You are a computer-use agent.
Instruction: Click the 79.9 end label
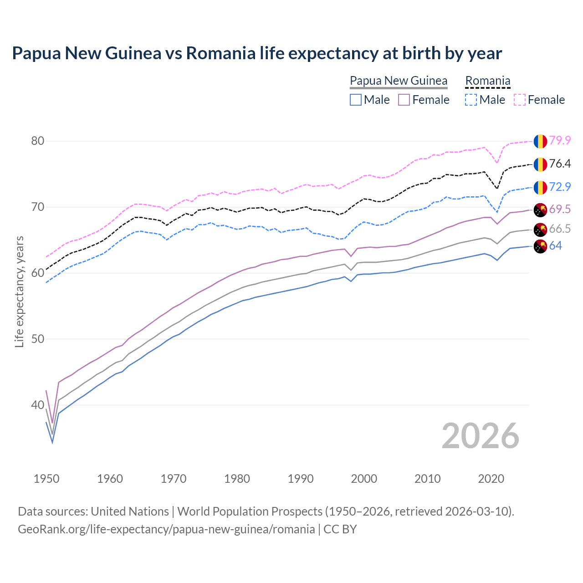click(x=560, y=141)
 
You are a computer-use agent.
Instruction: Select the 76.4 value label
click(x=560, y=164)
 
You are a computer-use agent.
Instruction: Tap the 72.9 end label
click(x=560, y=187)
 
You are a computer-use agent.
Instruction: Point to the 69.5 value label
click(x=560, y=210)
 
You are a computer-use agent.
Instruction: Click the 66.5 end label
click(x=560, y=229)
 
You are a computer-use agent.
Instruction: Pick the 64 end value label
click(x=555, y=246)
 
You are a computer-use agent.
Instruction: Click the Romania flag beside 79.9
click(x=540, y=141)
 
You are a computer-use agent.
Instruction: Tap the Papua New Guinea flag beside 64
click(x=540, y=246)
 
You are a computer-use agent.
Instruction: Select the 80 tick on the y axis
click(x=38, y=141)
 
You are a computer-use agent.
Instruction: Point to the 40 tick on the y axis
click(x=38, y=405)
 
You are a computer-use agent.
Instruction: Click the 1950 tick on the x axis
click(x=46, y=479)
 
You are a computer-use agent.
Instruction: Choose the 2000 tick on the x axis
click(x=364, y=479)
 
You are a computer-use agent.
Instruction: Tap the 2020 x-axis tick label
click(x=491, y=479)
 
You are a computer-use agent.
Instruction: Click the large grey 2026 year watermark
click(x=480, y=436)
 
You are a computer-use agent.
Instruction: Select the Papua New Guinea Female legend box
click(x=404, y=100)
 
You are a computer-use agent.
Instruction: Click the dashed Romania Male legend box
click(x=471, y=100)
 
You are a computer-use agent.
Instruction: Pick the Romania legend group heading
click(x=487, y=81)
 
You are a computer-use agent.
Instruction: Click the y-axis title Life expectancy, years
click(x=20, y=291)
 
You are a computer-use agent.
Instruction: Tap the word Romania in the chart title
click(x=220, y=53)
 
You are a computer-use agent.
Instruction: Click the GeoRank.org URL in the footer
click(x=166, y=529)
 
